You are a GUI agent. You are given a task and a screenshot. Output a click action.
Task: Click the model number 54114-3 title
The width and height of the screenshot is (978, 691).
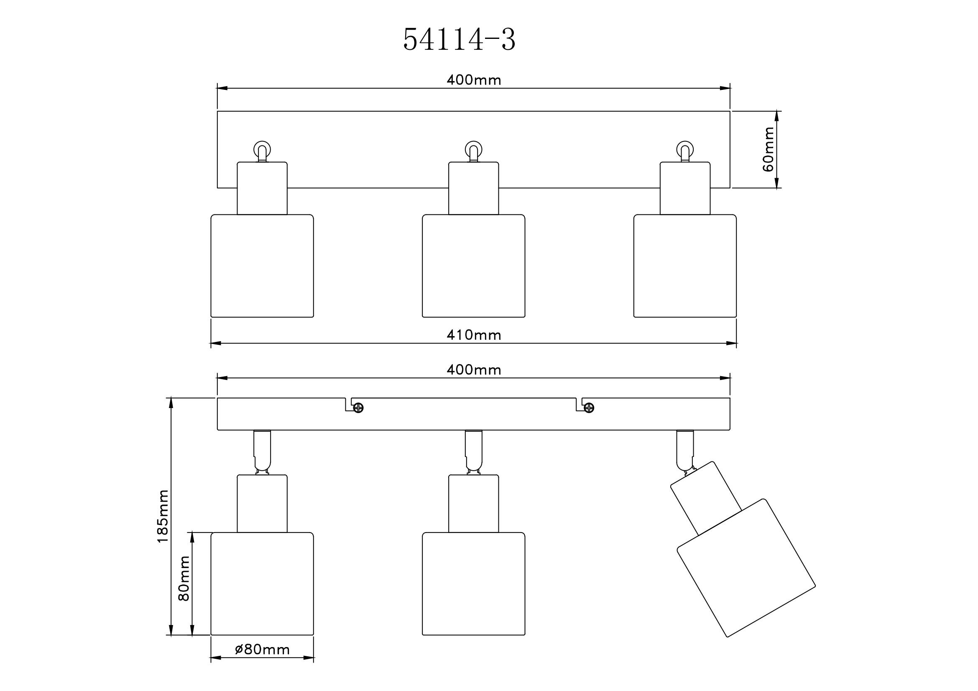coord(459,40)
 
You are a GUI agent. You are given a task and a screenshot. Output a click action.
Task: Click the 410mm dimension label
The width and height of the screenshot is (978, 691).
coord(474,335)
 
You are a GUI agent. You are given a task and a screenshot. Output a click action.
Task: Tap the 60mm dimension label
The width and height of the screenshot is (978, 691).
coord(768,149)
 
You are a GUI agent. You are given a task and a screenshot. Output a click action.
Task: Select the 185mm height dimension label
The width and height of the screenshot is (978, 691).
coord(163,516)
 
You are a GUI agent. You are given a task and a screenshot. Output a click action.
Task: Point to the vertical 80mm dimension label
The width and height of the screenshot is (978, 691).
coord(184,578)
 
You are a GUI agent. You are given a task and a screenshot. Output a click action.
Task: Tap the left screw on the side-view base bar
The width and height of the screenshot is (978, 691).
coord(358,408)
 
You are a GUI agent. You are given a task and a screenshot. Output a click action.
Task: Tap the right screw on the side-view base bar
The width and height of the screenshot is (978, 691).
coord(589,408)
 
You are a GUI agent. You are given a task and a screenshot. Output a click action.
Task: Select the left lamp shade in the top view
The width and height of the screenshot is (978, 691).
coord(263,266)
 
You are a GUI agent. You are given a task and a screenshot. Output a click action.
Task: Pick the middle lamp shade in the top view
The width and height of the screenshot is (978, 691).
coord(473,266)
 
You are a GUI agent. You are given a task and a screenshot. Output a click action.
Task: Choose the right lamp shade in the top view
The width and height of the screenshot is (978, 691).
coord(685,266)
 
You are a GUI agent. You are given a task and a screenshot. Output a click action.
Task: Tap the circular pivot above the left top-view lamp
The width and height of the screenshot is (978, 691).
coord(262,150)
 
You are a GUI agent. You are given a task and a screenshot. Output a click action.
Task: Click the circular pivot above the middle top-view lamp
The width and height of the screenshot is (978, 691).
coord(473,150)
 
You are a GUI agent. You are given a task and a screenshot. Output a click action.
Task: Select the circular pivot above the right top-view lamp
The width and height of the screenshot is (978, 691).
coord(685,150)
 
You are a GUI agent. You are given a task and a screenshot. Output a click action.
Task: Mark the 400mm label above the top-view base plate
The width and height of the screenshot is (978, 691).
coord(474,80)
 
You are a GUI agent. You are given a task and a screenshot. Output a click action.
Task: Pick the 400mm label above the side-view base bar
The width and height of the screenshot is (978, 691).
coord(474,370)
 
